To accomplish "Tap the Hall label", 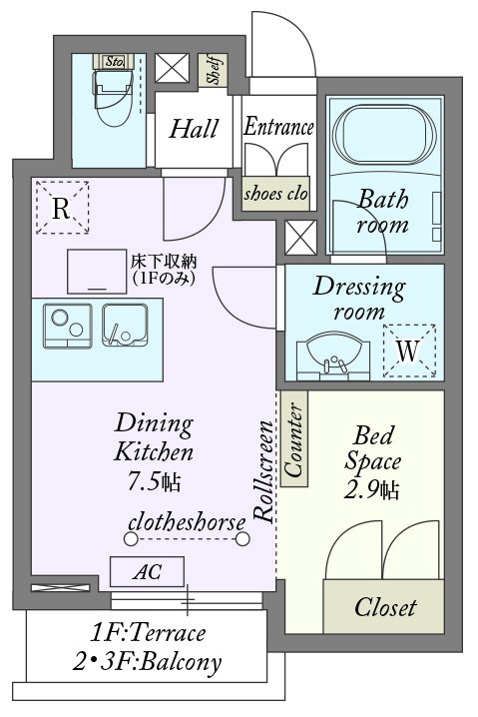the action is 194,129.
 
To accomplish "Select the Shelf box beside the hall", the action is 213,71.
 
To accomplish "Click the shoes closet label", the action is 275,194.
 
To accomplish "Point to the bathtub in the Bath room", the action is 384,135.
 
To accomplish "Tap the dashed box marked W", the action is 409,351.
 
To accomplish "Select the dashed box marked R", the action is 62,208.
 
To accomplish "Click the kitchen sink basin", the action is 125,325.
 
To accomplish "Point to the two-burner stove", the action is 68,326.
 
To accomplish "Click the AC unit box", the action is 147,571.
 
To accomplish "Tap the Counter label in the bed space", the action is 293,438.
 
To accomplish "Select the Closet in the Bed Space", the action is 383,606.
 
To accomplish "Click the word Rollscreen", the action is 264,471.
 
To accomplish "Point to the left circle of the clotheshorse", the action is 131,538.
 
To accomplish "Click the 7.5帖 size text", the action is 154,481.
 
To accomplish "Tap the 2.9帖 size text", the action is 371,490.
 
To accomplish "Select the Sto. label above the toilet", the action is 114,61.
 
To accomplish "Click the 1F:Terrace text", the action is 148,633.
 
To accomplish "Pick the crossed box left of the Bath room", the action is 300,238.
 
